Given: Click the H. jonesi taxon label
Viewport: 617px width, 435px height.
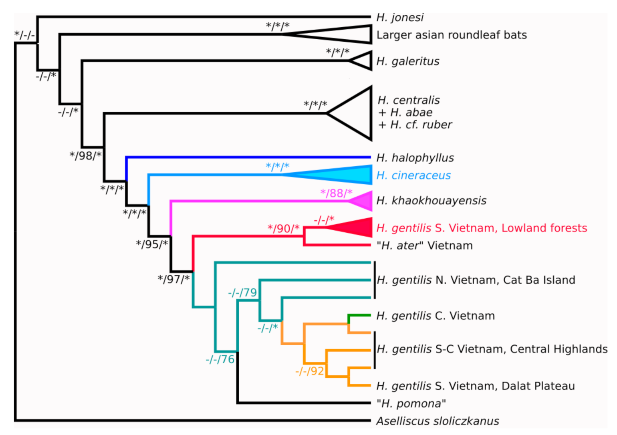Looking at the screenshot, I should click(399, 18).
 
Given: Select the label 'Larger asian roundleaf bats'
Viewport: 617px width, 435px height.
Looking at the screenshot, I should click(452, 35).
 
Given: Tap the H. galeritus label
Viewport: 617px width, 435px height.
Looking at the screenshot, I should click(407, 61).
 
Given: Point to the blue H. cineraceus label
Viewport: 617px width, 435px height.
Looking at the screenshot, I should click(413, 175).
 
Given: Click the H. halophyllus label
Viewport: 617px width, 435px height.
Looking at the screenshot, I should click(415, 158).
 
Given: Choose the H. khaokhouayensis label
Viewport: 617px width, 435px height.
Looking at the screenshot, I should click(431, 201).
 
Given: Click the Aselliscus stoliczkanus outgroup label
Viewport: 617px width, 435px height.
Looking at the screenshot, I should click(438, 421).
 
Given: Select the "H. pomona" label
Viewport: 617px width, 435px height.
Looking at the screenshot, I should click(411, 403).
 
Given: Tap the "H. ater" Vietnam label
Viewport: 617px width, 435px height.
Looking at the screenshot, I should click(425, 246).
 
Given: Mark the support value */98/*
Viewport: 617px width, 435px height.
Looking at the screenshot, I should click(86, 155).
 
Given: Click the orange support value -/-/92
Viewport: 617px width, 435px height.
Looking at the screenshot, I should click(310, 371).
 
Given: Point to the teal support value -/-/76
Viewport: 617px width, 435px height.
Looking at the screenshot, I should click(220, 360).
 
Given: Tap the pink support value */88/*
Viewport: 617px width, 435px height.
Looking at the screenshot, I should click(337, 193).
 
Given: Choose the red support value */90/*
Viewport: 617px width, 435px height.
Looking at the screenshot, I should click(284, 229).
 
